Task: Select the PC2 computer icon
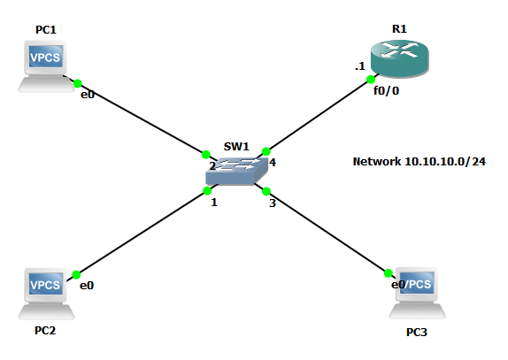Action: pos(45,292)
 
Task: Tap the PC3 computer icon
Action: pos(418,292)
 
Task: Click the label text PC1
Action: pos(46,30)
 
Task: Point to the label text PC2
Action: pos(45,331)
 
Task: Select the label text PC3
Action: pos(416,333)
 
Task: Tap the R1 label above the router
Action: pos(398,28)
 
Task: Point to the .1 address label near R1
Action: pos(360,66)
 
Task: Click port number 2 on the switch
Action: pos(212,165)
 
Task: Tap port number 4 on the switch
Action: pos(273,163)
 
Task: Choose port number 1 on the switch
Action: pos(213,203)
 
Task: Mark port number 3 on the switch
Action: pos(273,203)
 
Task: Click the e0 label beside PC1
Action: pos(88,94)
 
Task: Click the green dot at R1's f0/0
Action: pos(370,80)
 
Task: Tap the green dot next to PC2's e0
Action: pos(76,273)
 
